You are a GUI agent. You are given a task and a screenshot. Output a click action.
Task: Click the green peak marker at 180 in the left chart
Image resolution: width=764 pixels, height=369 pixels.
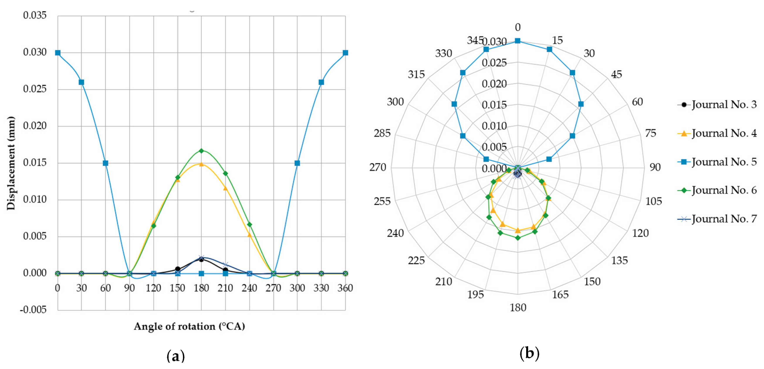(x=201, y=151)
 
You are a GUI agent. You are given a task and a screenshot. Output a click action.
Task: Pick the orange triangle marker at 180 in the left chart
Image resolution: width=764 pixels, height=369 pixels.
(x=201, y=164)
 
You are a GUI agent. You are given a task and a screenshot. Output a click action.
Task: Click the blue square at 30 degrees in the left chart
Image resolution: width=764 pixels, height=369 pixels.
(x=81, y=82)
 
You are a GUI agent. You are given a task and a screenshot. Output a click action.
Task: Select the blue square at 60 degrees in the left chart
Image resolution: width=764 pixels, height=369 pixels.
(x=105, y=163)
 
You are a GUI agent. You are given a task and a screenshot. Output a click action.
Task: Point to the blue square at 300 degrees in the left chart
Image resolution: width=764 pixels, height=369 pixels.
(x=297, y=163)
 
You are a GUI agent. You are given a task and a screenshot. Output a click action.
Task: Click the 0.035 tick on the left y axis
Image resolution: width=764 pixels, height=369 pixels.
(x=35, y=15)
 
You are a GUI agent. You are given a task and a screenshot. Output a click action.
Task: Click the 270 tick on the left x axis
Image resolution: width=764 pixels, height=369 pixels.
(x=273, y=288)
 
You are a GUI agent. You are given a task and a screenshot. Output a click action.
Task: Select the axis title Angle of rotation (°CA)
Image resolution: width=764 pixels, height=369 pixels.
(x=189, y=326)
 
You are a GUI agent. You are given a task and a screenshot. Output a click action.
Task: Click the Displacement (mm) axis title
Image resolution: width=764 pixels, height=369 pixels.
(x=11, y=163)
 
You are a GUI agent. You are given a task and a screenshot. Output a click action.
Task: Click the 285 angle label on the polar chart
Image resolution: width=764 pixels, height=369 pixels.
(x=382, y=133)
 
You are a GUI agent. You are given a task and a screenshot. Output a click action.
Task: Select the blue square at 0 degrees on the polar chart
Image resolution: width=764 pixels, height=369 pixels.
(x=517, y=41)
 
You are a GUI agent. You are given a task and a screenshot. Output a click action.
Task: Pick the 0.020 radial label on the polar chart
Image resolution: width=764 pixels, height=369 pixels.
(x=494, y=84)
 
